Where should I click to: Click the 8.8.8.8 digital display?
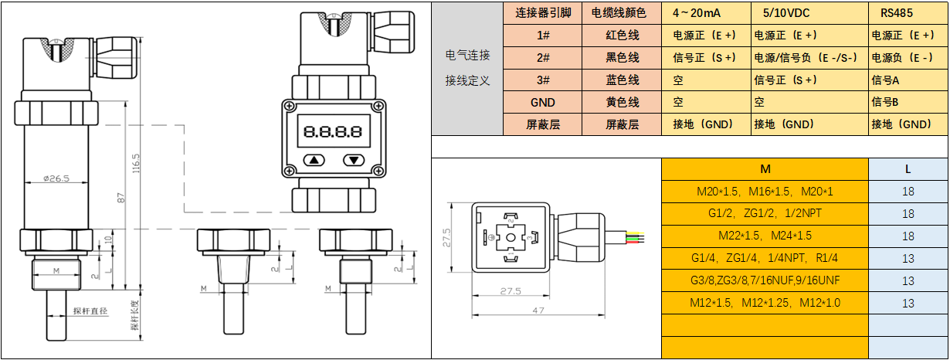[x=333, y=131]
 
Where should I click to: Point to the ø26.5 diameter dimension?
[x=56, y=178]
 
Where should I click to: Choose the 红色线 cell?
[x=622, y=36]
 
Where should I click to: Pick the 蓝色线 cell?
[x=622, y=80]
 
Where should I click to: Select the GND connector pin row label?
[x=542, y=103]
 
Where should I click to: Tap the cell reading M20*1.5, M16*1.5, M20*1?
[x=765, y=192]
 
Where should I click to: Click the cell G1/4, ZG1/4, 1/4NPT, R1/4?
[x=765, y=258]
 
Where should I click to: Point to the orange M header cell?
[x=765, y=169]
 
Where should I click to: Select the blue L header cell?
[x=908, y=169]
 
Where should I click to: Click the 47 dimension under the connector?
[x=538, y=311]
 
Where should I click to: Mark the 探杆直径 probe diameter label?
[x=90, y=311]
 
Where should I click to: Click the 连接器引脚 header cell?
[x=542, y=13]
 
